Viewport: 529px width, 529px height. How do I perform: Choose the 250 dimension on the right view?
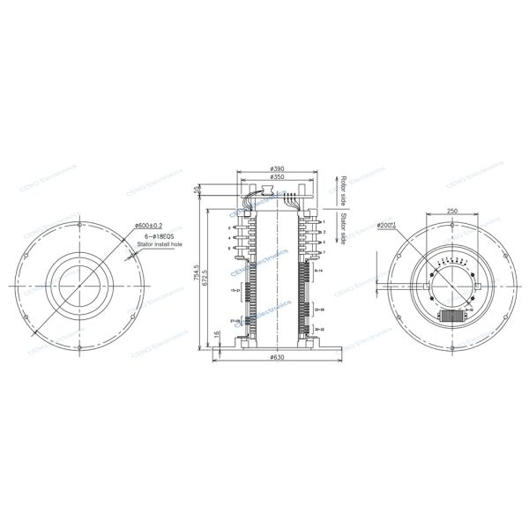(x=451, y=212)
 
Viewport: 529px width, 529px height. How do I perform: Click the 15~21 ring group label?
(x=235, y=288)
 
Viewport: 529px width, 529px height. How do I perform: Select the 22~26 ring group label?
(x=319, y=310)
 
